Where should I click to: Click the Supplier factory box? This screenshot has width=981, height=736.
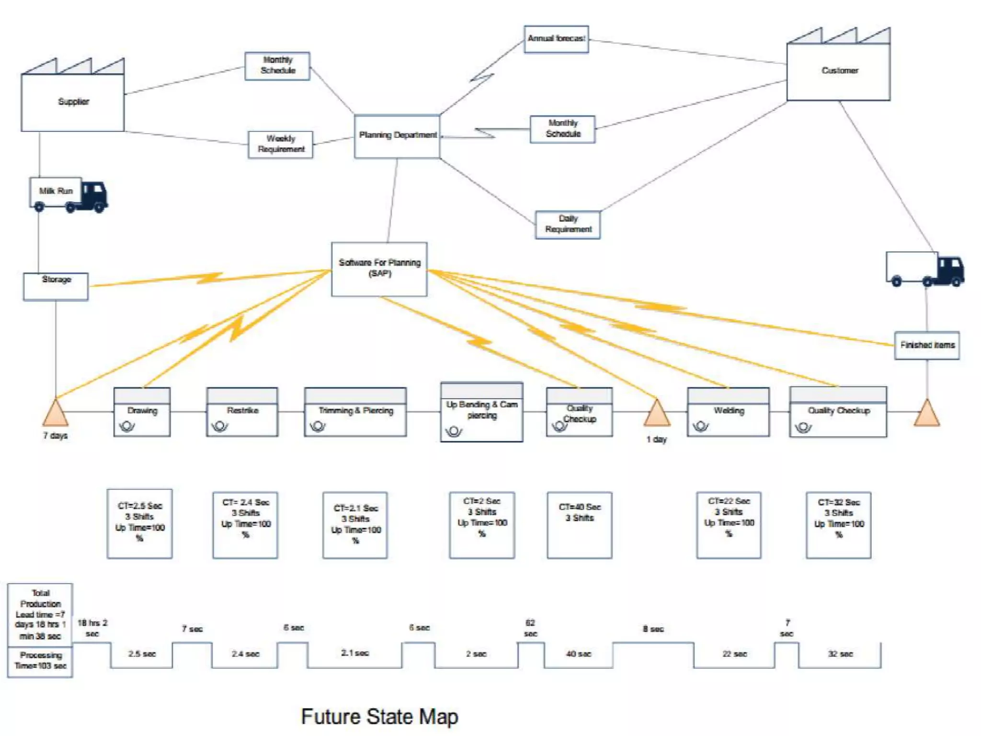click(73, 102)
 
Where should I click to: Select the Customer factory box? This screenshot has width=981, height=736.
click(838, 71)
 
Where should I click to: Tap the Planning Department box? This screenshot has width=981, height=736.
click(397, 136)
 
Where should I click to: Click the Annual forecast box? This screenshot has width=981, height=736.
click(556, 39)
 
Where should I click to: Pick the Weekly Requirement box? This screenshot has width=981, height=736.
click(281, 144)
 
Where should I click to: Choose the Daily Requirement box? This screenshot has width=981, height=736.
click(568, 224)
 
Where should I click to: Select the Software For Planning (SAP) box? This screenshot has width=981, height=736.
click(379, 269)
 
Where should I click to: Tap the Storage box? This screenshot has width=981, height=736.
click(56, 286)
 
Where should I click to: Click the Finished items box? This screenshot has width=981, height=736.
click(927, 345)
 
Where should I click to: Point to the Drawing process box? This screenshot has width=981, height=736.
click(142, 412)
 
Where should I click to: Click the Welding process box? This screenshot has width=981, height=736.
click(728, 412)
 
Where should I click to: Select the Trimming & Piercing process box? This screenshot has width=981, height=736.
click(355, 412)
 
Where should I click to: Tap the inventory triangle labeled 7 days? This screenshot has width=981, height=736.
click(56, 414)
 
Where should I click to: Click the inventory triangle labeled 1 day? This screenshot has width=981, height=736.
click(657, 414)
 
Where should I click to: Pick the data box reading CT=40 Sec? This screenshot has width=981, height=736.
click(580, 525)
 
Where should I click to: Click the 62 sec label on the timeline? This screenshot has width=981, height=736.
click(530, 628)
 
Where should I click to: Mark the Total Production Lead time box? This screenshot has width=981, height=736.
click(40, 614)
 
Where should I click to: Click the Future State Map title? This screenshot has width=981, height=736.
click(379, 717)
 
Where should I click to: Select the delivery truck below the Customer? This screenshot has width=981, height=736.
click(924, 269)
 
